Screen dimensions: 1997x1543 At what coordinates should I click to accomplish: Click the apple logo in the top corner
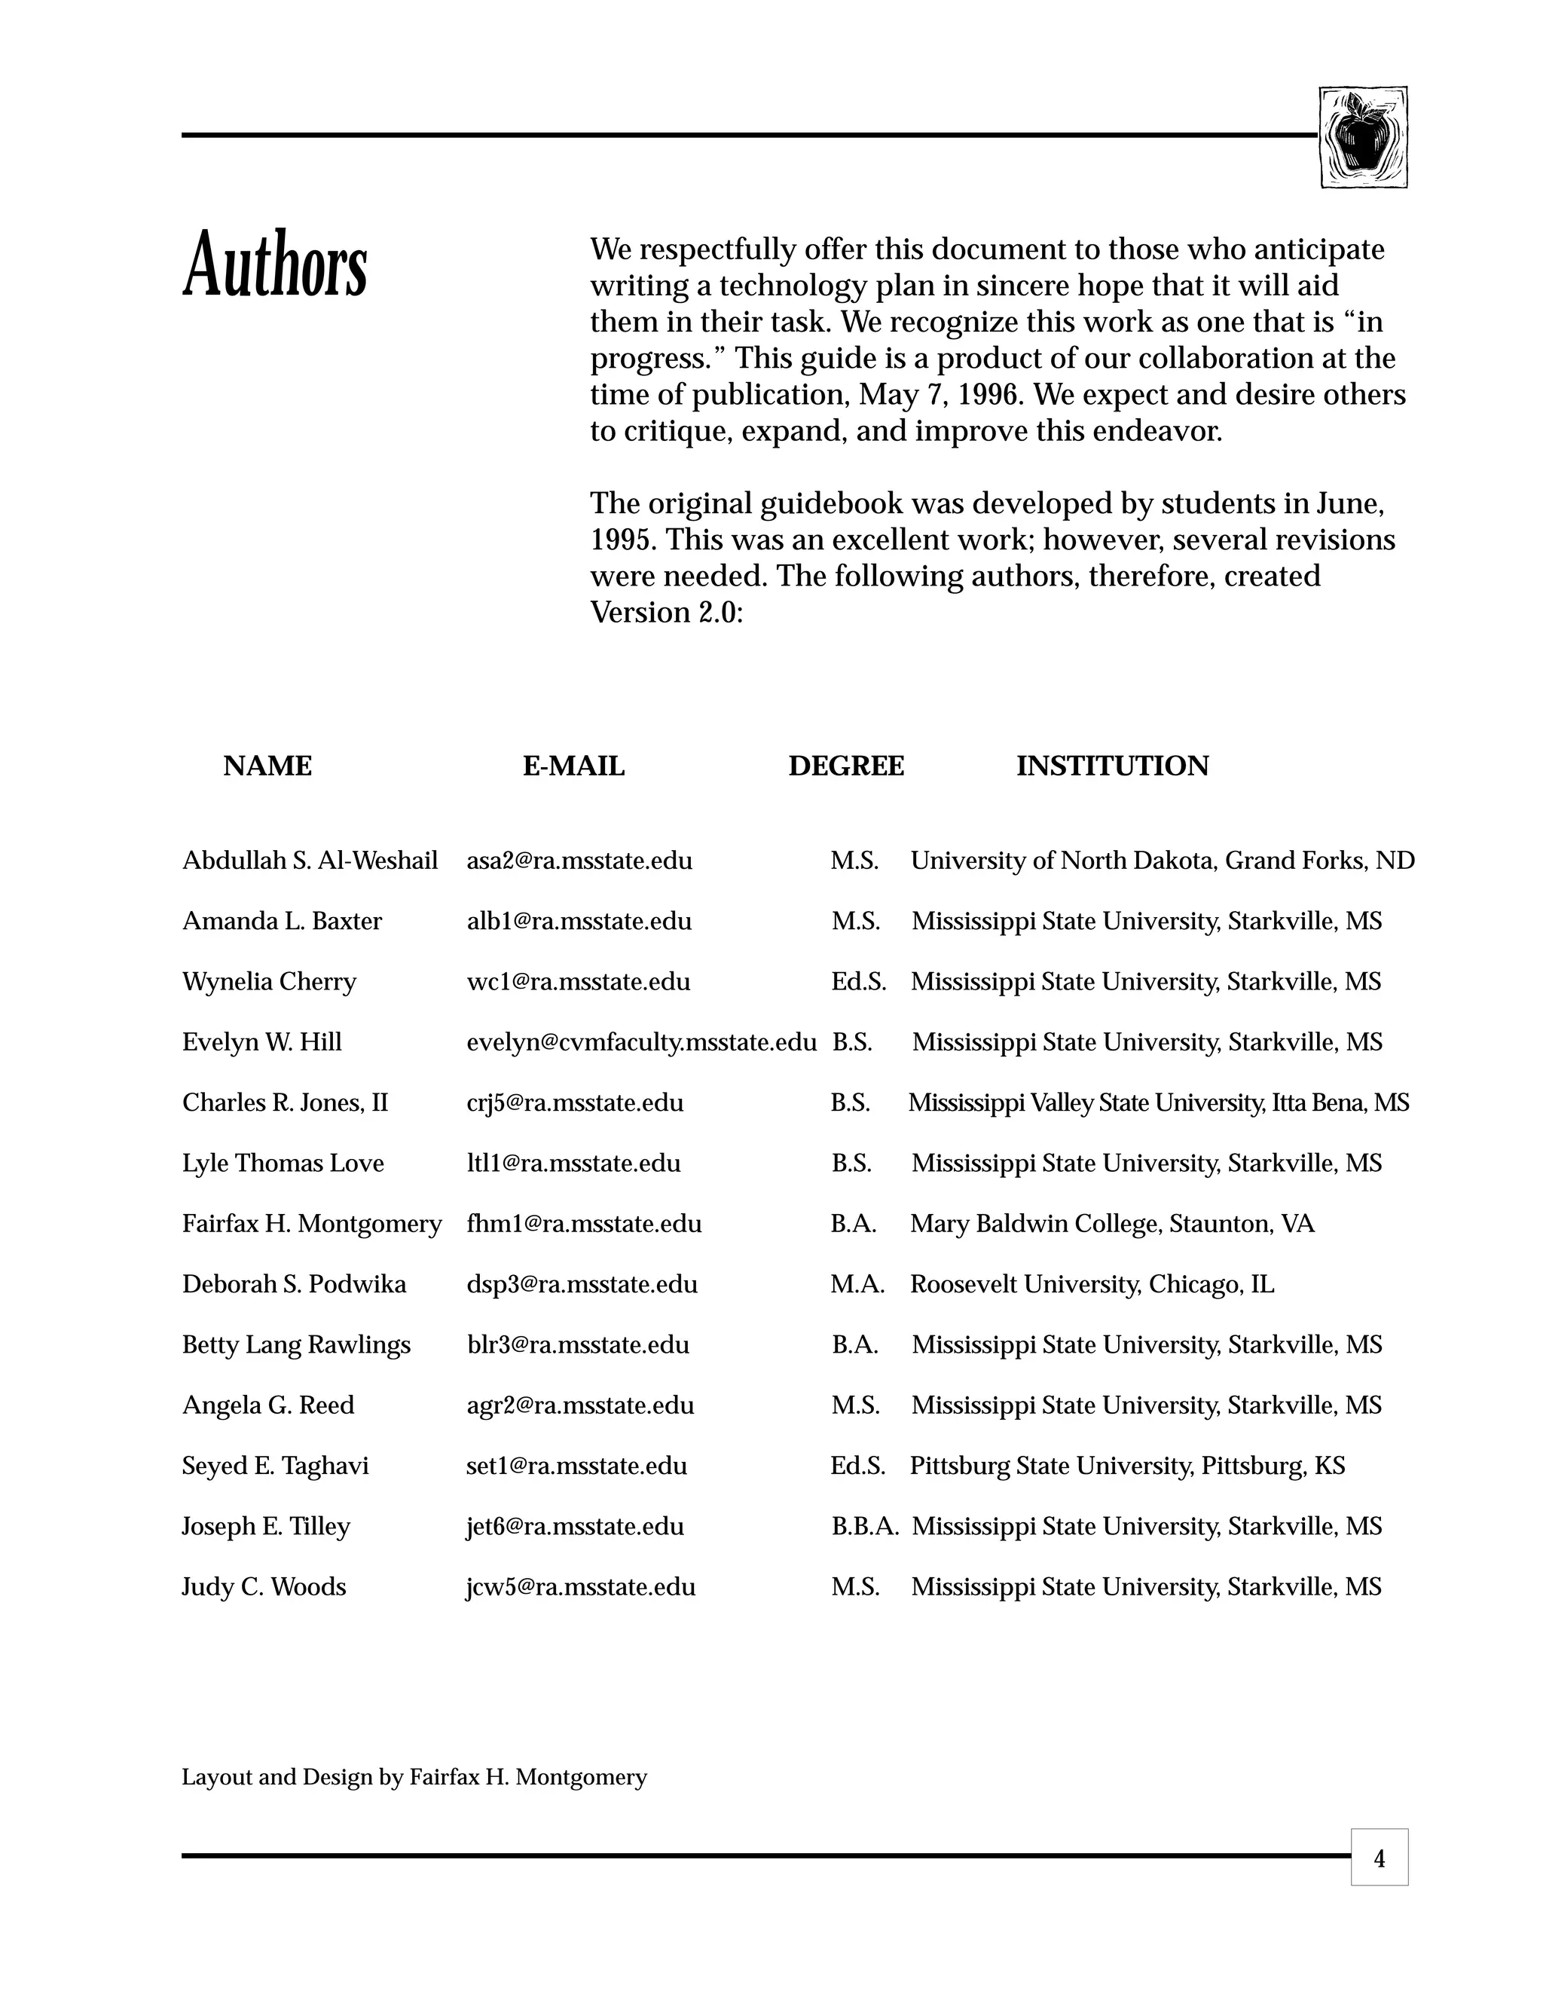[1362, 137]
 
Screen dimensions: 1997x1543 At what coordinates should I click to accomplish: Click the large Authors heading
[275, 265]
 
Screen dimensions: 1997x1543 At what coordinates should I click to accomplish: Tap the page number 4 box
[1379, 1858]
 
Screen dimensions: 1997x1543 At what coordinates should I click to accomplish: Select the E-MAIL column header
[573, 766]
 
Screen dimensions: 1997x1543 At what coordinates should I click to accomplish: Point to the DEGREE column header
[845, 766]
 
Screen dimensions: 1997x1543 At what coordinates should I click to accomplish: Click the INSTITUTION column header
[1111, 766]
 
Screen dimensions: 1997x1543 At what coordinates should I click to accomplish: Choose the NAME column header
[267, 766]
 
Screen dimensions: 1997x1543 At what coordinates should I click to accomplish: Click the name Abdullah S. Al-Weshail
[310, 861]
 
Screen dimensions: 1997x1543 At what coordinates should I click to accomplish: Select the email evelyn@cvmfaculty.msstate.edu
[641, 1041]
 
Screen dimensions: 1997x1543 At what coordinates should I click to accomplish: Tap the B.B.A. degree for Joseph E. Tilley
[865, 1526]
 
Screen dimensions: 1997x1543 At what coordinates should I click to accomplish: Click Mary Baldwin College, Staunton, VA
[1111, 1223]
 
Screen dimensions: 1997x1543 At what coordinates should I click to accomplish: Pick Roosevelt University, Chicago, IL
[1092, 1284]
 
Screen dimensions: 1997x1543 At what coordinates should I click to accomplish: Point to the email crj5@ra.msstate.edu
[574, 1102]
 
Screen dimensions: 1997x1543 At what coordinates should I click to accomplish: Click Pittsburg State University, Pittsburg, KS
[1127, 1466]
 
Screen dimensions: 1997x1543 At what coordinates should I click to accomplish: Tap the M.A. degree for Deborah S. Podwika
[857, 1284]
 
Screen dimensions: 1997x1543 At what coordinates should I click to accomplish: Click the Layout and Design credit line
[414, 1777]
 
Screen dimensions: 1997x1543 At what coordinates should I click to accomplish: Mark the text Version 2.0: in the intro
[666, 612]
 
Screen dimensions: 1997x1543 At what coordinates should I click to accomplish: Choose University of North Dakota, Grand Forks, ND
[1162, 861]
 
